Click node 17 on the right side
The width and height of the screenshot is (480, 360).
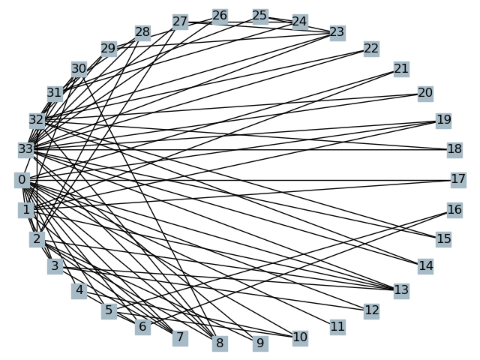tap(458, 179)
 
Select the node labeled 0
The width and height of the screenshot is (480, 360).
tap(22, 180)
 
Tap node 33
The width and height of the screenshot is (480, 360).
tap(25, 149)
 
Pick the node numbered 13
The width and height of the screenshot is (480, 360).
tap(401, 289)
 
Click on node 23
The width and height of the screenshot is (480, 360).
tap(337, 32)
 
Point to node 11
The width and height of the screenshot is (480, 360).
tap(337, 326)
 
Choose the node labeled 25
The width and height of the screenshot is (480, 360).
tap(259, 16)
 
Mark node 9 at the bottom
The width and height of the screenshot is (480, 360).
tap(259, 343)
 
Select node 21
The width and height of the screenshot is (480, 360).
tap(401, 69)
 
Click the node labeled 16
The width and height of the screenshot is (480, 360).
tap(454, 210)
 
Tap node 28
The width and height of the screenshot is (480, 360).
tap(142, 32)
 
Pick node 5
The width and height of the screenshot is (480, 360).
tap(109, 310)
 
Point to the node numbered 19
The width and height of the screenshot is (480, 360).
tap(443, 120)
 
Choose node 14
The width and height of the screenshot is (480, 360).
tap(426, 265)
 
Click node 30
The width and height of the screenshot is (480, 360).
tap(79, 69)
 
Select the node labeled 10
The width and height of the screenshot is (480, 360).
tap(300, 337)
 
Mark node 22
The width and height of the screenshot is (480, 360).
tap(371, 49)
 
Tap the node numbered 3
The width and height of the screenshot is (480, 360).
tap(54, 266)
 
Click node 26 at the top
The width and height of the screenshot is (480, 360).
tap(220, 16)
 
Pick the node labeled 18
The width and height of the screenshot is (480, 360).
tap(454, 149)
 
